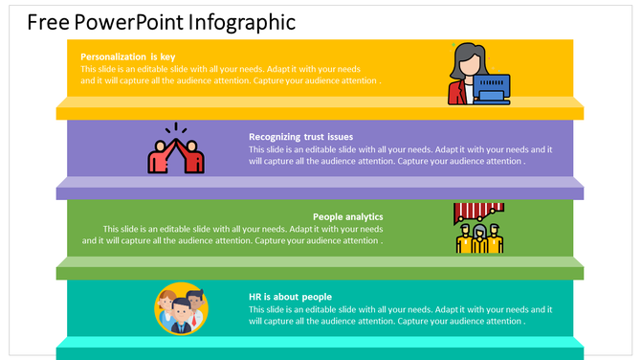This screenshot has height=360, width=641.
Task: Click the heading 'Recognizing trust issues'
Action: (x=301, y=137)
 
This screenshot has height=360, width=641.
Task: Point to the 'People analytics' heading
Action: (x=347, y=216)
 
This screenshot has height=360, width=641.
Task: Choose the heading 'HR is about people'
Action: (x=291, y=297)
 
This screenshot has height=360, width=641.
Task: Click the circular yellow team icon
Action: (x=181, y=308)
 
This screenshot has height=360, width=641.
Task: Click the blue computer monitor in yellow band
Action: (x=492, y=88)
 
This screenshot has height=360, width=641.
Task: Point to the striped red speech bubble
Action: (x=477, y=211)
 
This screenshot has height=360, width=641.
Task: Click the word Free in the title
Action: (x=46, y=22)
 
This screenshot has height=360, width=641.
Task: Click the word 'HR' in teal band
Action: (x=255, y=297)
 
